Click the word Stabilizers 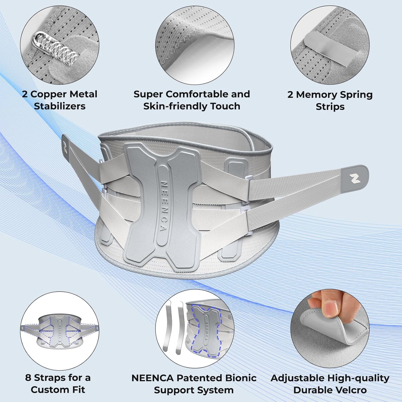(60, 106)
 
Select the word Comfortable (197, 94)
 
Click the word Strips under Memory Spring (330, 107)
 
